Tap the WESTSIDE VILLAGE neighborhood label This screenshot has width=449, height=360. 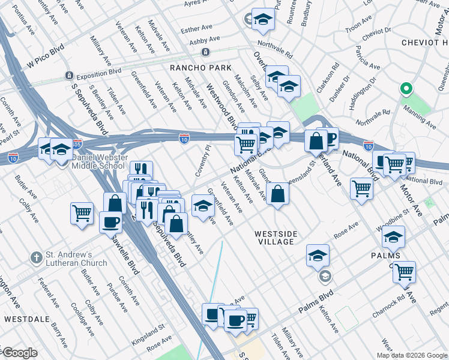[x=274, y=238]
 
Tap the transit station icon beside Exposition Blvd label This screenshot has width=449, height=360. [x=70, y=76]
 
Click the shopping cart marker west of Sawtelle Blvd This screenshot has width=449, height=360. [x=82, y=214]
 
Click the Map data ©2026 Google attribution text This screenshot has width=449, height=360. [x=411, y=355]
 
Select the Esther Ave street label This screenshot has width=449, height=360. [x=196, y=28]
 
